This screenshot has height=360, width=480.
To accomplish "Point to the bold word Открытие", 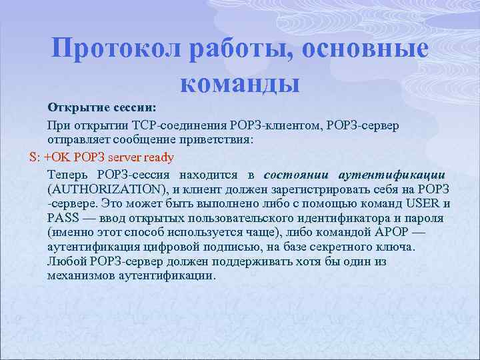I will (72, 107).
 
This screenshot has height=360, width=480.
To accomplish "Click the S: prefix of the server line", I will (35, 157).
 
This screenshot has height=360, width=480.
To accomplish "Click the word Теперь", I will (67, 175).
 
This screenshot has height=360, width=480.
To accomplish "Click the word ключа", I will (397, 247).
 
